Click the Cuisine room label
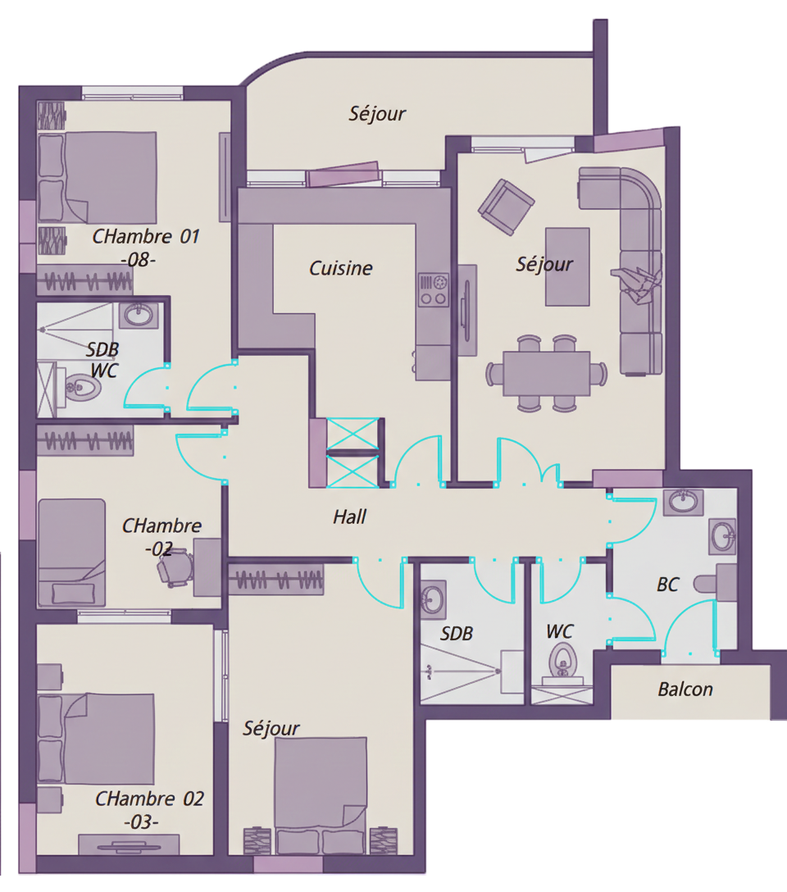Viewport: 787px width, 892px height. tap(340, 268)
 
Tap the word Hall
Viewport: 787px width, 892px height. tap(349, 517)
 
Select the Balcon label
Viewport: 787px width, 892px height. tap(685, 689)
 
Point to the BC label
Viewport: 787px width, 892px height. tap(667, 585)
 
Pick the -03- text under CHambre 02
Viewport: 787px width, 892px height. tap(141, 821)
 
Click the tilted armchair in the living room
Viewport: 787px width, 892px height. tap(506, 206)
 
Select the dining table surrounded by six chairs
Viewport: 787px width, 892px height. tap(547, 373)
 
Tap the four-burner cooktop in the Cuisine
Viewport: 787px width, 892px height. tap(434, 289)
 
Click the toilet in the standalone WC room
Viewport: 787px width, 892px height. tap(562, 659)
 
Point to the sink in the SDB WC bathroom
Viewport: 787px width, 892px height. tap(136, 314)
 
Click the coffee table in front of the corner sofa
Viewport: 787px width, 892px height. tap(567, 266)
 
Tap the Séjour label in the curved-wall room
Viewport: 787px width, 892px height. tap(377, 113)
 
